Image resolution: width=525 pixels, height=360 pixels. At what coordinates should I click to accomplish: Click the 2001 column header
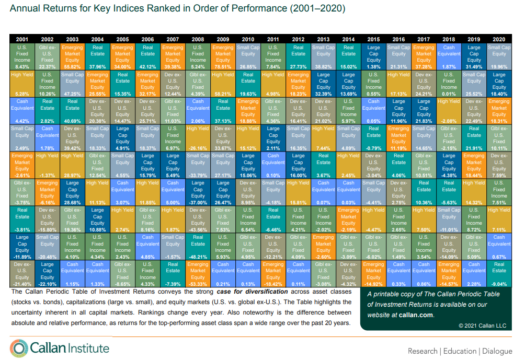(22, 39)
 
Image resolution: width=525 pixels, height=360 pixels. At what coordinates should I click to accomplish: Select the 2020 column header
(499, 39)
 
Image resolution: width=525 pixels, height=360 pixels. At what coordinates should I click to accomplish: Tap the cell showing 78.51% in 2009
(223, 56)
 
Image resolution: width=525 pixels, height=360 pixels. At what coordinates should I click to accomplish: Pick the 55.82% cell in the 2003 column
(73, 56)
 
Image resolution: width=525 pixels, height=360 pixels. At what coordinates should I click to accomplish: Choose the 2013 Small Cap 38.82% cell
(324, 56)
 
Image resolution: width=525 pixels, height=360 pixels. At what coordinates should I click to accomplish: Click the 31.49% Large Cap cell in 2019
(474, 56)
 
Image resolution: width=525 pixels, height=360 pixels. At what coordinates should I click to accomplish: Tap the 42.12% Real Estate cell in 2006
(148, 56)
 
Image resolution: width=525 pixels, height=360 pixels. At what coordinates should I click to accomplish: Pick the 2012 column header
(299, 39)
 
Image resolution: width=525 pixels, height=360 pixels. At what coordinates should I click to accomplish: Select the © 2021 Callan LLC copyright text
(482, 326)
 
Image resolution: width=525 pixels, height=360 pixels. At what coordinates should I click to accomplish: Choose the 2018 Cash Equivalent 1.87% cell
(449, 56)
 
